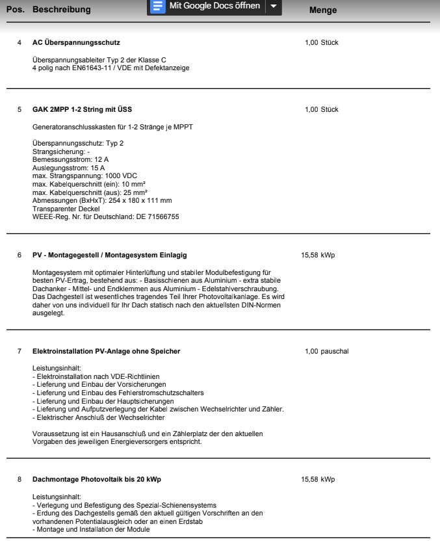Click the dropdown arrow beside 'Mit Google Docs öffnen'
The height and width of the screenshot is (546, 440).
coord(273,6)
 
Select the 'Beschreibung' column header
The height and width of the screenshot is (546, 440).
coord(62,10)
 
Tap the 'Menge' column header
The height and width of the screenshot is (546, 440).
coord(323,10)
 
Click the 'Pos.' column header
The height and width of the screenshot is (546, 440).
coord(15,10)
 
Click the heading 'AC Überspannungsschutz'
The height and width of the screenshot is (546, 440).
coord(76,43)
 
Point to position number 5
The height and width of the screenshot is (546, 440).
coord(19,109)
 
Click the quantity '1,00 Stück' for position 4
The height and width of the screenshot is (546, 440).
coord(321,43)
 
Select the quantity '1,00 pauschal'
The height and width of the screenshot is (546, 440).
coord(326,352)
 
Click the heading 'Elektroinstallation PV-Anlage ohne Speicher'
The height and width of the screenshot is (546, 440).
coord(106,352)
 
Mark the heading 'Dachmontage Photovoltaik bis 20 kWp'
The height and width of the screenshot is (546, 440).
coord(97,480)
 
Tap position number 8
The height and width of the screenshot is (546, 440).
coord(19,480)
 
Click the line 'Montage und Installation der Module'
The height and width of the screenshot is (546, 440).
coord(92,528)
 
